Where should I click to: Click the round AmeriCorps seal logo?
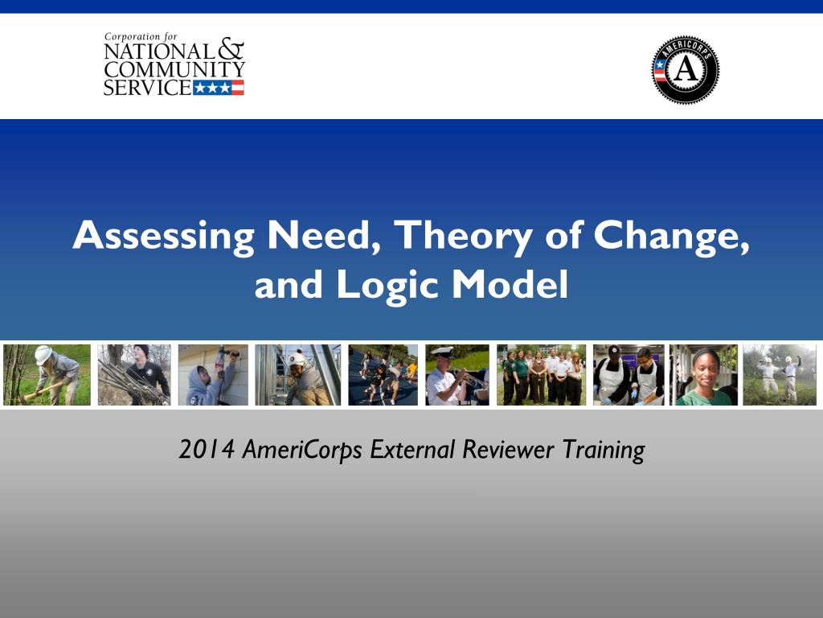click(685, 70)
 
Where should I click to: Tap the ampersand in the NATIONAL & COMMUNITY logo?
click(231, 50)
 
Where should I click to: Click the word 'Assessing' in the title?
click(163, 237)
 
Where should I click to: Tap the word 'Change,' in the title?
click(672, 237)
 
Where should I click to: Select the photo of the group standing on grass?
click(540, 375)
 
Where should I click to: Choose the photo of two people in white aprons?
click(628, 375)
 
